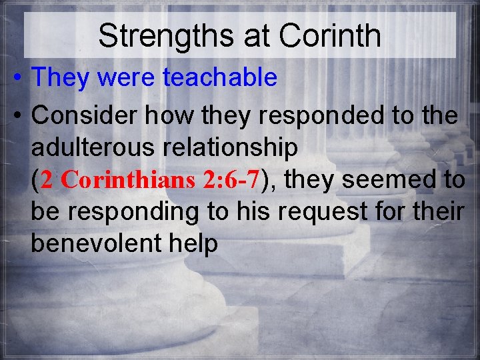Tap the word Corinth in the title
pos(330,36)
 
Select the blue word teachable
pos(220,78)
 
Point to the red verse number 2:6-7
pos(230,180)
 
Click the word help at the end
pos(194,244)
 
